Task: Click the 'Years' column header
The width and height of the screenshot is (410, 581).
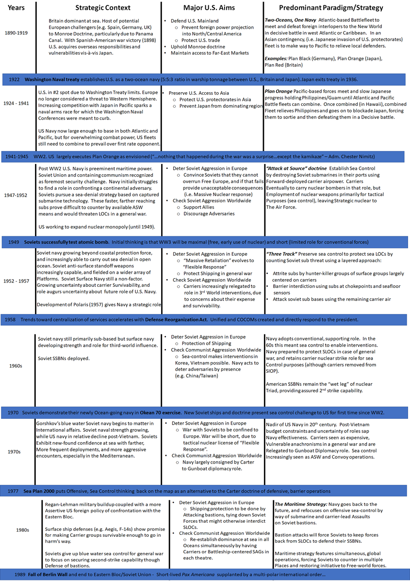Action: pyautogui.click(x=16, y=8)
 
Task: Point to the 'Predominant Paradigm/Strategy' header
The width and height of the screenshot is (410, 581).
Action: pyautogui.click(x=331, y=8)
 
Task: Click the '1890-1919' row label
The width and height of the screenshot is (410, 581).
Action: pyautogui.click(x=16, y=33)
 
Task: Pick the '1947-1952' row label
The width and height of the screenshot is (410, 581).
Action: pyautogui.click(x=16, y=196)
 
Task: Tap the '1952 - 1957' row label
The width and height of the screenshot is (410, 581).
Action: pyautogui.click(x=16, y=281)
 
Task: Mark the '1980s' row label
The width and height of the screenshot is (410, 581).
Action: pyautogui.click(x=16, y=530)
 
